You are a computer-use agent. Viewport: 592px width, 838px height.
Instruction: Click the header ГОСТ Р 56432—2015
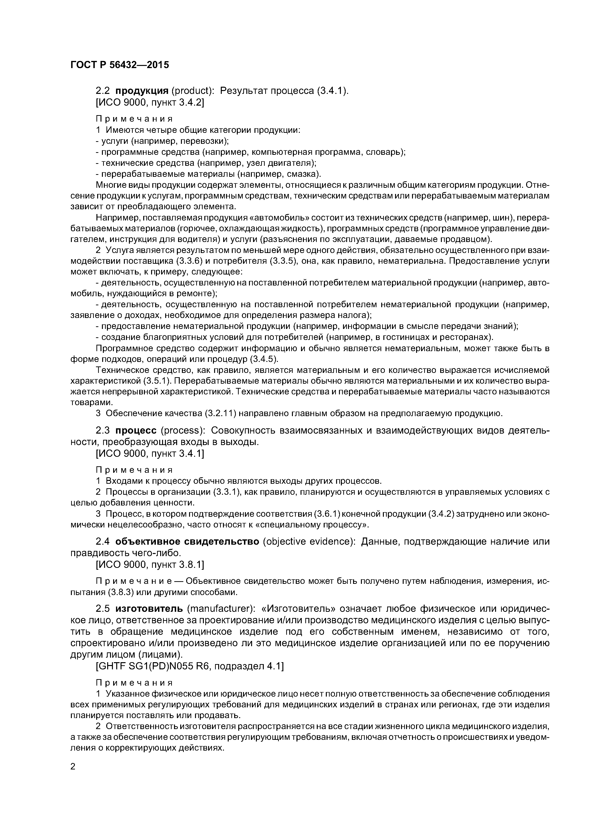120,65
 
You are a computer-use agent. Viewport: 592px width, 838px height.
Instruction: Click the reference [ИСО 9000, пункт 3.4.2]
149,103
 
